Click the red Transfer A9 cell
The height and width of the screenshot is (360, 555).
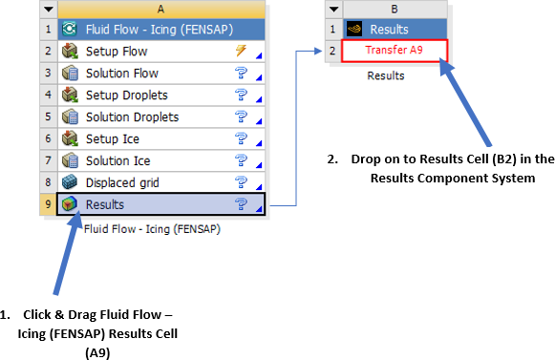point(393,52)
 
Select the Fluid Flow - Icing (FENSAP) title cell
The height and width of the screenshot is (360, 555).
point(153,30)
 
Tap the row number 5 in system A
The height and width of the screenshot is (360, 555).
point(48,117)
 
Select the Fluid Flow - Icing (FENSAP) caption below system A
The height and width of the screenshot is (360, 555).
point(151,229)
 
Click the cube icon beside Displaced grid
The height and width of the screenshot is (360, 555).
point(69,183)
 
